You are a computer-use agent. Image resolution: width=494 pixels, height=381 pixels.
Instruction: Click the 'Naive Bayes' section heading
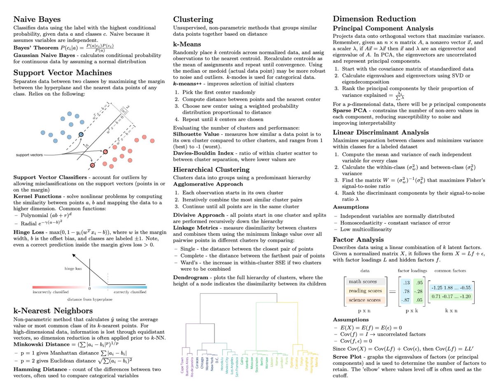point(37,19)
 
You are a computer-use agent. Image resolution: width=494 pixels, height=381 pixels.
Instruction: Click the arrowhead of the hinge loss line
point(74,256)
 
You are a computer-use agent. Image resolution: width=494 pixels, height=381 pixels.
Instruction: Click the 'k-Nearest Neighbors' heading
point(53,310)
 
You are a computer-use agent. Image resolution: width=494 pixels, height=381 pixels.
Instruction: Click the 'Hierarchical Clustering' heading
point(211,169)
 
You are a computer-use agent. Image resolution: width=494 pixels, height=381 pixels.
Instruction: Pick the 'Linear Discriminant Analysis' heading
point(381,132)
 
